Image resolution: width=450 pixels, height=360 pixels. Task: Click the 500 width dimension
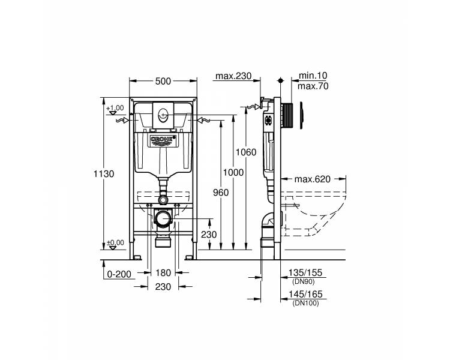pos(163,81)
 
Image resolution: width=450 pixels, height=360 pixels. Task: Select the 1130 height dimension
pos(104,173)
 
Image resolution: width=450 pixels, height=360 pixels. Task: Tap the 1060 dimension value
pos(246,152)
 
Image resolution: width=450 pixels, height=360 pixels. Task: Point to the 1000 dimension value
pos(233,173)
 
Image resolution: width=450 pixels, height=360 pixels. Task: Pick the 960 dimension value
pos(221,193)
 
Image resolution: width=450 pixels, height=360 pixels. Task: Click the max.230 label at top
pos(233,76)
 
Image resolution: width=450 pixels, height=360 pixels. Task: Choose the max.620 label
pos(313,179)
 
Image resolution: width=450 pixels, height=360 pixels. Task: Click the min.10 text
pos(313,76)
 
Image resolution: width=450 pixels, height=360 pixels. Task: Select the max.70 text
pos(313,86)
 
